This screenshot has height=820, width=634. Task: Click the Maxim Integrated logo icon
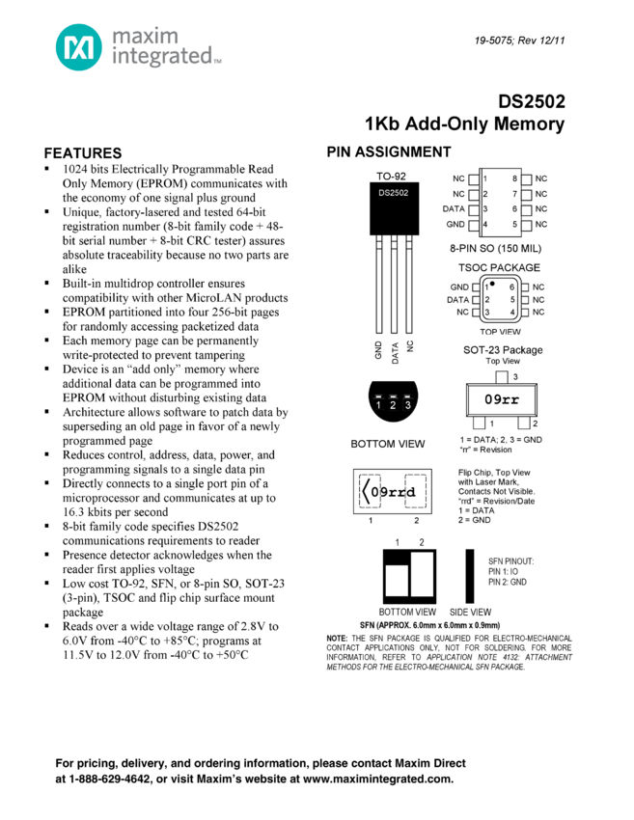click(x=78, y=47)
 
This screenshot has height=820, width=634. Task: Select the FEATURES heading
click(x=83, y=153)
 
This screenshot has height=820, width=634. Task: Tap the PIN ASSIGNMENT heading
click(x=389, y=152)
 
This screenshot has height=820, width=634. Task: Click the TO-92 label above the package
click(x=391, y=177)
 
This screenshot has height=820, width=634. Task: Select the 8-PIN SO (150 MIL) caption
click(x=503, y=248)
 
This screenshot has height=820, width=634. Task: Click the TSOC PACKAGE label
click(x=499, y=267)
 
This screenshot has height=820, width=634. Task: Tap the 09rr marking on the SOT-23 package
click(x=502, y=399)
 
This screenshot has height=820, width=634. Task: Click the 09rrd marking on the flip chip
click(x=396, y=492)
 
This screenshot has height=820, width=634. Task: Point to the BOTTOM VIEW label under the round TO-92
click(x=387, y=444)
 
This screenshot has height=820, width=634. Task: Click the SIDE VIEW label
click(x=470, y=612)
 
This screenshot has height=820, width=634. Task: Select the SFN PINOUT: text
click(x=510, y=560)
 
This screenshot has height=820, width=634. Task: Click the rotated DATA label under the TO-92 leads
click(x=395, y=350)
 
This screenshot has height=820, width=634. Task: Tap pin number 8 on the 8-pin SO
click(x=515, y=178)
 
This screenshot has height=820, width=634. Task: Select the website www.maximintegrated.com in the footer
click(x=377, y=779)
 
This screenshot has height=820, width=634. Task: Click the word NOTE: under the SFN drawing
click(x=337, y=639)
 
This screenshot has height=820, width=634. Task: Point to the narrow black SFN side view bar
click(x=470, y=576)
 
